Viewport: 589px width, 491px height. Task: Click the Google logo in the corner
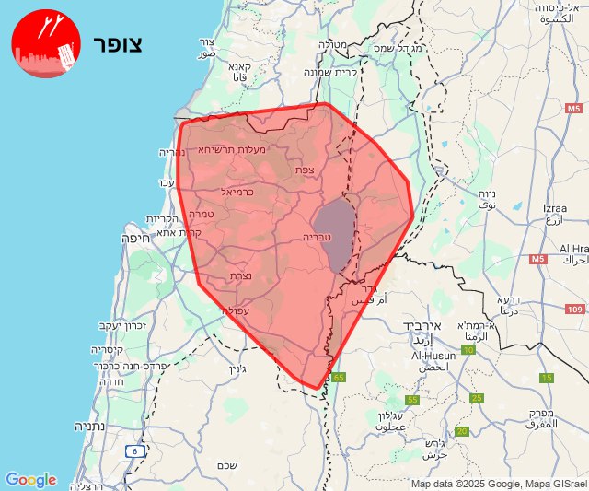[x=30, y=480]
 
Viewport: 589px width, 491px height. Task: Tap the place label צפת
[x=306, y=170]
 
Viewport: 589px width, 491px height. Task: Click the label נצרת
[x=241, y=275]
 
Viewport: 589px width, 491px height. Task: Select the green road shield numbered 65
[x=339, y=377]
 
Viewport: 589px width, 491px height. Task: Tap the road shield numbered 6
[x=136, y=450]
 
